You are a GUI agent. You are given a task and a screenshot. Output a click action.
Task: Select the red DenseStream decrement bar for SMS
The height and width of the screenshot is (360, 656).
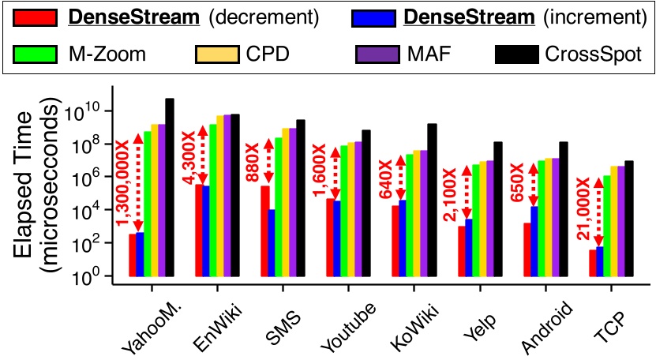click(x=264, y=231)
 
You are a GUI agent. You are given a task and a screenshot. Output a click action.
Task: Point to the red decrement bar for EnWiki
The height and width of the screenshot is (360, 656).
click(x=200, y=231)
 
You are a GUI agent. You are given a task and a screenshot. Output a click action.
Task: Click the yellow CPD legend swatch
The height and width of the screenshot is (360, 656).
click(x=216, y=54)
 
